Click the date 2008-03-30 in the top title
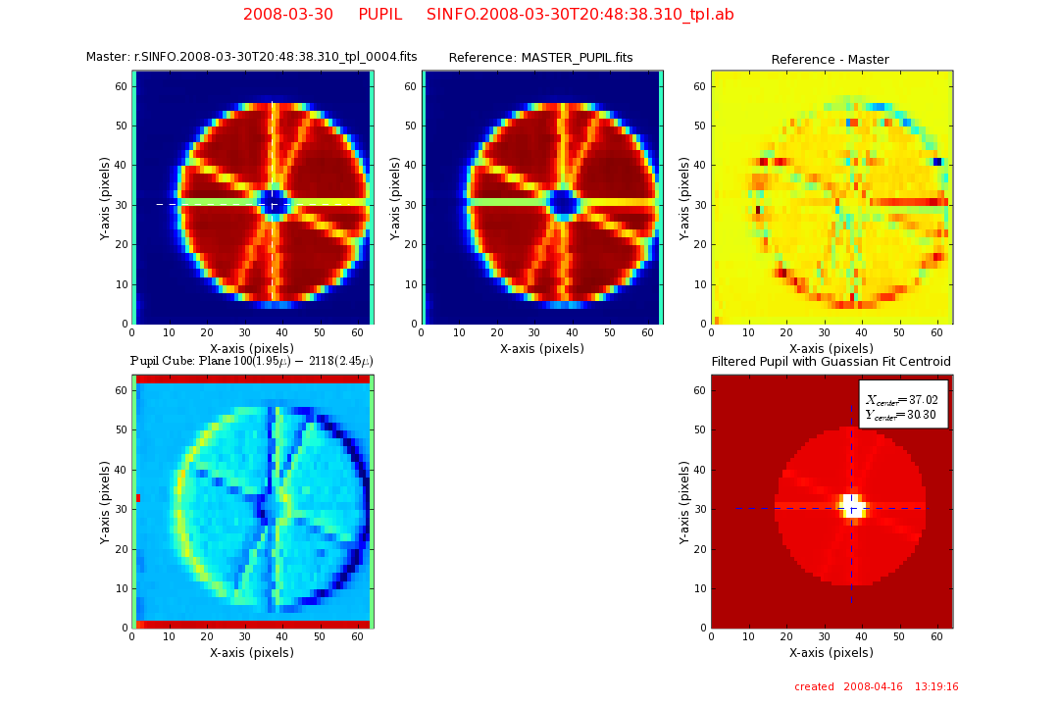click(288, 15)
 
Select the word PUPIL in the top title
click(379, 15)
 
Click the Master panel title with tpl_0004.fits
click(252, 57)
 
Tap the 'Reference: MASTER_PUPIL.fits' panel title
click(540, 58)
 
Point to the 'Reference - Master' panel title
click(830, 60)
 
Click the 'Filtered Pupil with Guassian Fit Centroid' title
click(831, 362)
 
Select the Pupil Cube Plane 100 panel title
click(252, 362)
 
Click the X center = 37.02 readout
click(902, 400)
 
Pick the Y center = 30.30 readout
click(902, 415)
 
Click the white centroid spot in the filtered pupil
click(851, 506)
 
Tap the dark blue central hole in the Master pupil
click(277, 203)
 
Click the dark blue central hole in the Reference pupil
click(564, 203)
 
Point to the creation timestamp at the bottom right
click(876, 687)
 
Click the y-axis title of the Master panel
click(105, 196)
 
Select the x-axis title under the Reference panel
click(541, 349)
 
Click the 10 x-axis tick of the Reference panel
click(460, 333)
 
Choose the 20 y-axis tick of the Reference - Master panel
click(701, 244)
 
